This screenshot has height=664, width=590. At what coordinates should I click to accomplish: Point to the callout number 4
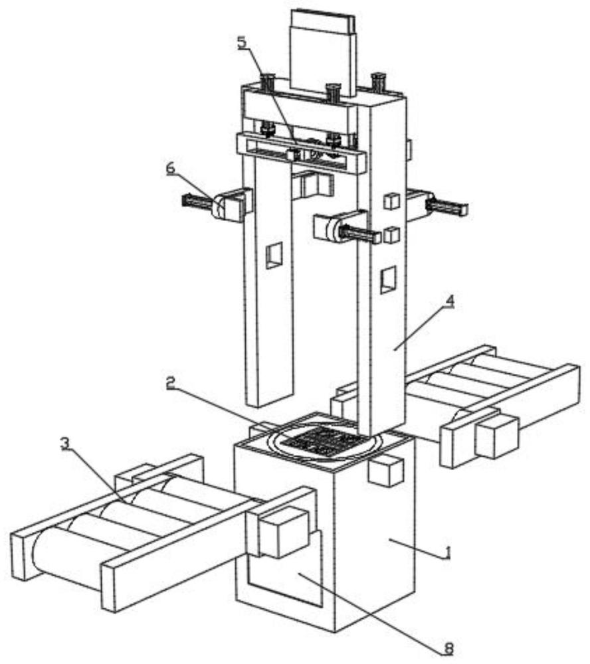[450, 301]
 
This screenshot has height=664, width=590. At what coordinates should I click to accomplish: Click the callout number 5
[241, 42]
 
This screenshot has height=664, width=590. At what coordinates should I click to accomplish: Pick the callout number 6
[171, 168]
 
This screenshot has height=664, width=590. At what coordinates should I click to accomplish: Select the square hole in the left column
[274, 256]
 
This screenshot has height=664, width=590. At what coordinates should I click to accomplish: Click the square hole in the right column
[388, 280]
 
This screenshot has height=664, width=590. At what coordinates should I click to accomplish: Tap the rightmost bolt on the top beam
[379, 82]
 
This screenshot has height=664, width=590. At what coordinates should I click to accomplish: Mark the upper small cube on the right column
[391, 201]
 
